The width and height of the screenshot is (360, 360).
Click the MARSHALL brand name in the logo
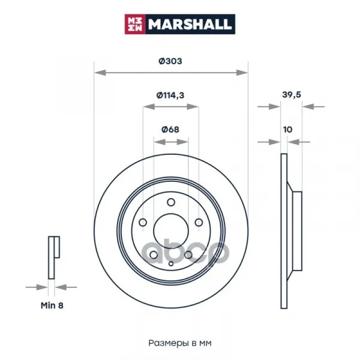tap(190, 24)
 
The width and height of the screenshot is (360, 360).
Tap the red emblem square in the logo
tap(135, 24)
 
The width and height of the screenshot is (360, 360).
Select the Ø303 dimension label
tap(170, 61)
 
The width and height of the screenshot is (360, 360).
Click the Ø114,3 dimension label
tap(170, 95)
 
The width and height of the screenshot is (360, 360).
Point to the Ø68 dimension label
tap(170, 130)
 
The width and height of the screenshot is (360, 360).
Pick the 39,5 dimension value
tap(292, 95)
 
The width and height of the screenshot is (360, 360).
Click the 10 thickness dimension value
tap(287, 130)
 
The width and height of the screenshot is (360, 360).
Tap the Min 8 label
tap(52, 305)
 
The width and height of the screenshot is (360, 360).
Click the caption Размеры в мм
tap(180, 343)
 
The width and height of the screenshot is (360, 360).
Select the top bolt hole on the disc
tap(171, 202)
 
